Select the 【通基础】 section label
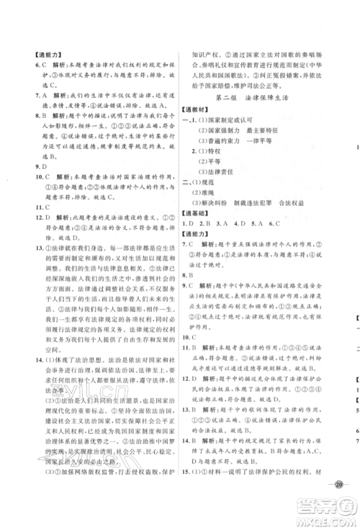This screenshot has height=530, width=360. (x=201, y=233)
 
